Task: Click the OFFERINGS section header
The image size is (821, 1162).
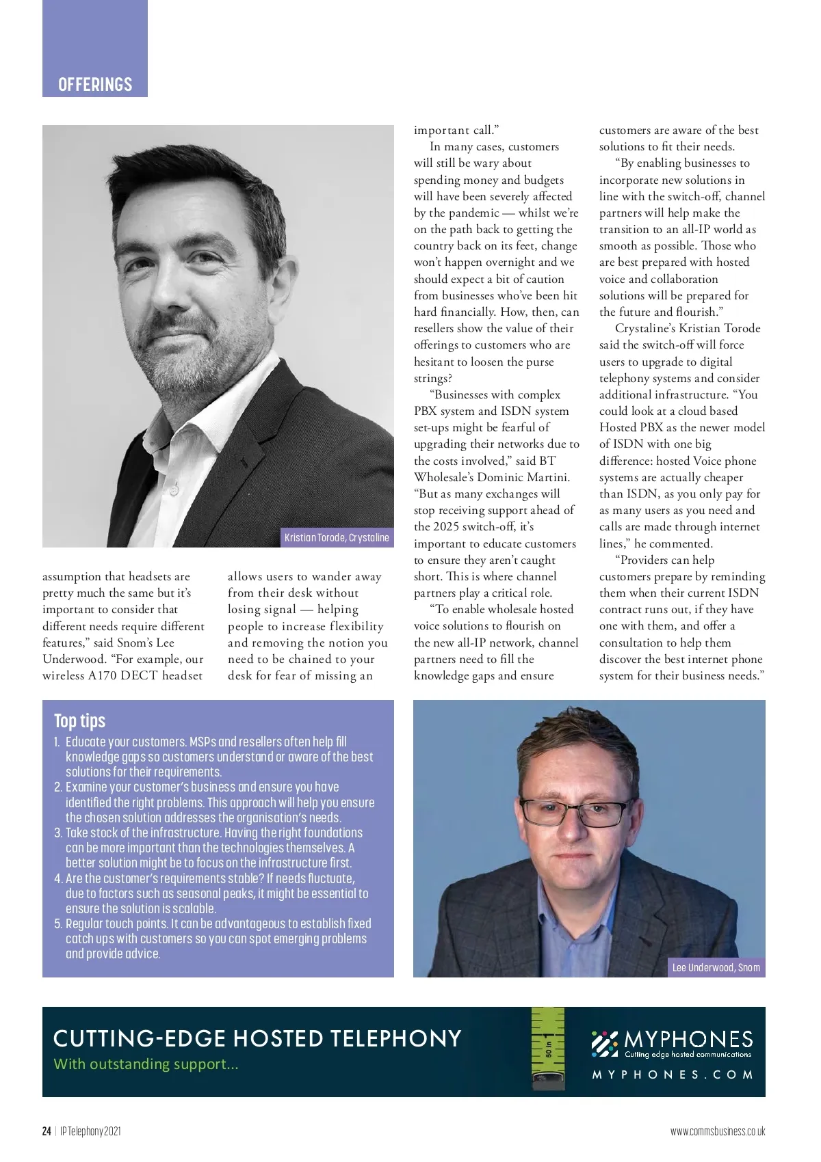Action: coord(95,84)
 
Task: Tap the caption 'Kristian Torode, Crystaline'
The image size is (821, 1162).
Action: coord(337,537)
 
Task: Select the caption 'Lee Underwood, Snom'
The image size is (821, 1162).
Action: coord(716,967)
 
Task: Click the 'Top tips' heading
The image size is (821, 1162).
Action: coord(79,720)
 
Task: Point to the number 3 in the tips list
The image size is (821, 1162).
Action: coord(58,833)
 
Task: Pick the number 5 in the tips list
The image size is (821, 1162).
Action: coord(58,923)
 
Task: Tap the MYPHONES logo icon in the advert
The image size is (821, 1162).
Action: coord(605,1044)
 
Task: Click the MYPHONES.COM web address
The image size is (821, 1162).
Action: coord(673,1075)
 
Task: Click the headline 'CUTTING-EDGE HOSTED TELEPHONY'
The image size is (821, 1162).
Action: coord(257,1038)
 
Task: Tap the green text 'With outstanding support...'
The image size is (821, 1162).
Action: coord(146,1064)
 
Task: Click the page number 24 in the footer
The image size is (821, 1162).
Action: coord(47,1131)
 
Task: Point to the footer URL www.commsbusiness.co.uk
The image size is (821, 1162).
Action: coord(718,1131)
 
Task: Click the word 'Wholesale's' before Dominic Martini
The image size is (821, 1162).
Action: coord(443,477)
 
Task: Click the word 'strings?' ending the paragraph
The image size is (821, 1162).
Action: coord(433,378)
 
